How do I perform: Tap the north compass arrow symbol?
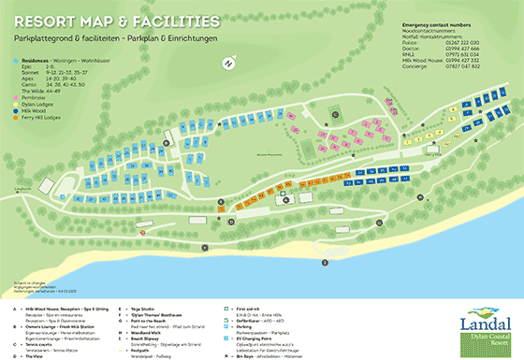[227, 64]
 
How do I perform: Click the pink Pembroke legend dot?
[16, 96]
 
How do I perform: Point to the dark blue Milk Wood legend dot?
[16, 111]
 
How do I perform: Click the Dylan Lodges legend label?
[38, 104]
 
